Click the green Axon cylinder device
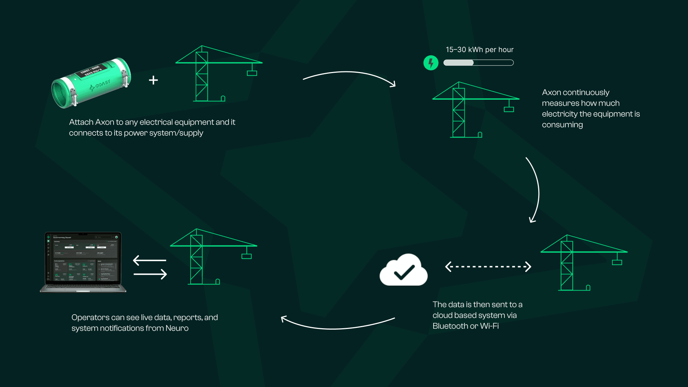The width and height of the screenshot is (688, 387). pyautogui.click(x=91, y=82)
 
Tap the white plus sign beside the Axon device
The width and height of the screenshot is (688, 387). pyautogui.click(x=153, y=80)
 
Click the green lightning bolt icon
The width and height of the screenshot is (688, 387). pyautogui.click(x=431, y=63)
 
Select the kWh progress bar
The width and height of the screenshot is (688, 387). pyautogui.click(x=478, y=63)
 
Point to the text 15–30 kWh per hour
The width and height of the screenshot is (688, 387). pyautogui.click(x=479, y=50)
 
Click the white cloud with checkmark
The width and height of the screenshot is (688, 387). pyautogui.click(x=403, y=271)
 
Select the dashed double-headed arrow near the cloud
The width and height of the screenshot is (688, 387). pyautogui.click(x=488, y=267)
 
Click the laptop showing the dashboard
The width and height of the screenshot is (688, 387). pyautogui.click(x=83, y=262)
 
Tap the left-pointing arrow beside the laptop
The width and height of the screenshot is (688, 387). pyautogui.click(x=149, y=260)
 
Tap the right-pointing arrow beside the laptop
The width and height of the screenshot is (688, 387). pyautogui.click(x=150, y=274)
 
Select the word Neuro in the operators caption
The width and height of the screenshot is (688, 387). pyautogui.click(x=177, y=328)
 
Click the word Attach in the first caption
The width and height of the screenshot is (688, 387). pyautogui.click(x=81, y=122)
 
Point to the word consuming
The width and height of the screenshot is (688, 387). pyautogui.click(x=562, y=125)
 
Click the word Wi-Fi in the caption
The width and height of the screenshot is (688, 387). pyautogui.click(x=489, y=326)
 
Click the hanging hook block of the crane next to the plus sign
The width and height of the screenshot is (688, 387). pyautogui.click(x=252, y=73)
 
